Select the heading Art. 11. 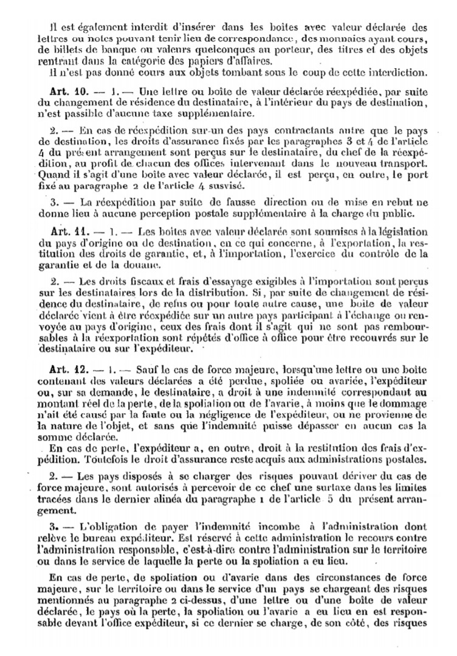(67, 232)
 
